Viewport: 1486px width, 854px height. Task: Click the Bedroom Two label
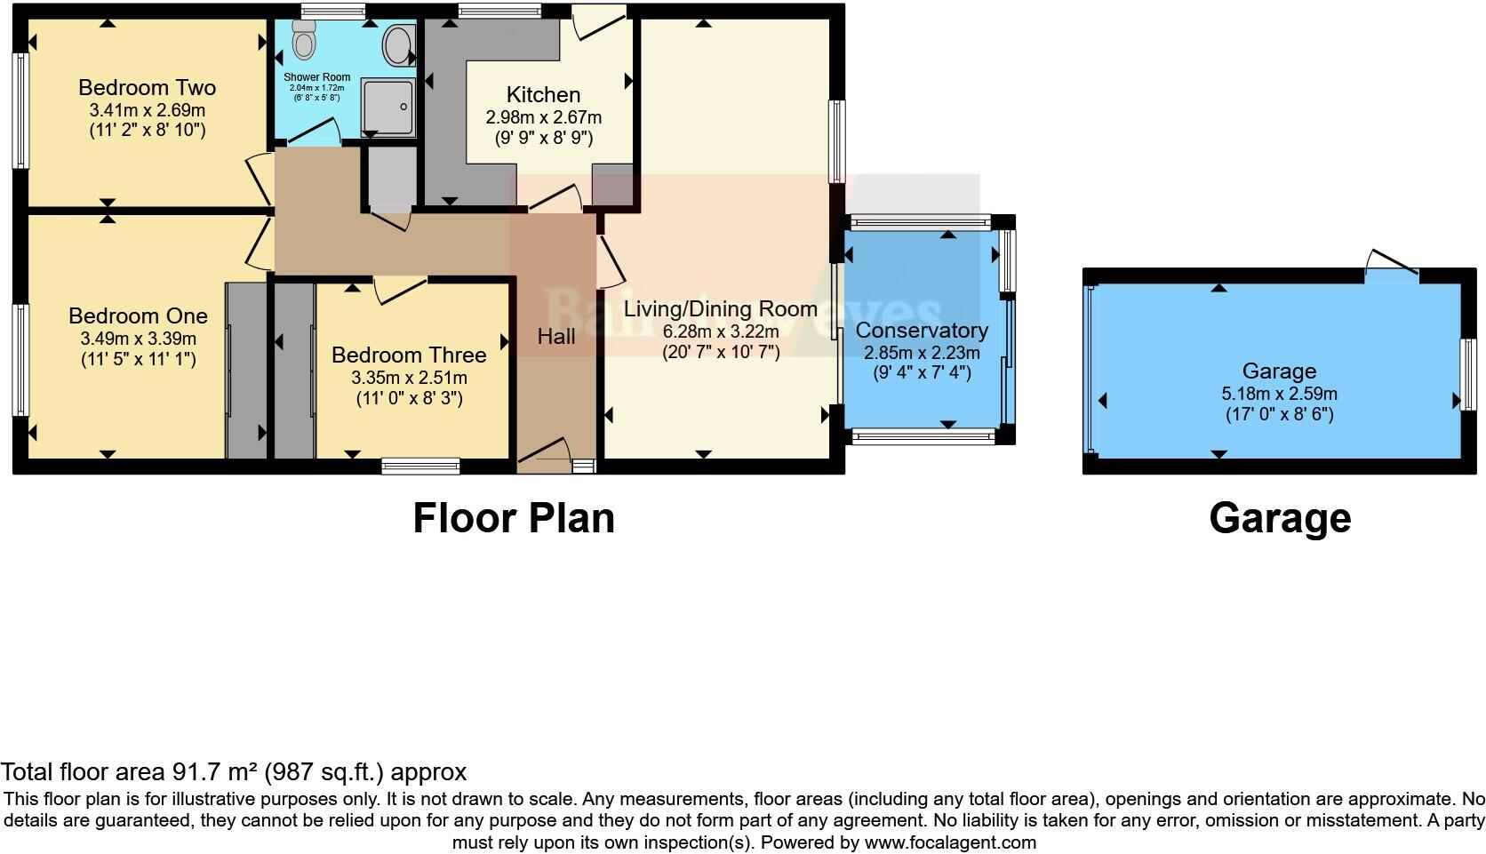[x=147, y=87]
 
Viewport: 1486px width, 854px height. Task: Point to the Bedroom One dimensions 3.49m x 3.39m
[x=138, y=339]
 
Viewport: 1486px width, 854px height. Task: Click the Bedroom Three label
[x=409, y=355]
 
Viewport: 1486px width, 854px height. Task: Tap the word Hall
[x=556, y=336]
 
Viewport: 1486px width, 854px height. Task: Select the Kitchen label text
[x=543, y=94]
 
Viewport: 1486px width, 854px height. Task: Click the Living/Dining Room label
[x=720, y=309]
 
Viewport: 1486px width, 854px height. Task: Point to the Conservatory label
[x=922, y=331]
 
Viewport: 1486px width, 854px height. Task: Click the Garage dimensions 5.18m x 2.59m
[x=1279, y=394]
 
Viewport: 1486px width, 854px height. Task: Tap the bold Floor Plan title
[x=514, y=518]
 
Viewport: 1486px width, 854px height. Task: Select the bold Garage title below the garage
[x=1280, y=518]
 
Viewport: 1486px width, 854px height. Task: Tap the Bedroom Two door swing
[x=260, y=173]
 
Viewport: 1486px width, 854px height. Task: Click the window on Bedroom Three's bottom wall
[x=420, y=466]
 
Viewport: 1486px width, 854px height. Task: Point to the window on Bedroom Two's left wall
[x=19, y=111]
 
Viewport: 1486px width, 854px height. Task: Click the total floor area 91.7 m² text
[x=233, y=772]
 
